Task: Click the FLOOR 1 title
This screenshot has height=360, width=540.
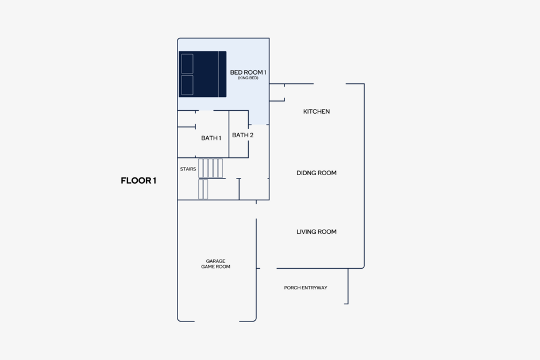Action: [x=138, y=181]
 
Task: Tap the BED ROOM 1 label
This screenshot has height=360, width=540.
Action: [x=248, y=72]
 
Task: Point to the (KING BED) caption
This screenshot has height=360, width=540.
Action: [x=248, y=78]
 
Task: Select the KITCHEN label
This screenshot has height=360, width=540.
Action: [x=317, y=111]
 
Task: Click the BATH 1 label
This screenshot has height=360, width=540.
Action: [x=211, y=138]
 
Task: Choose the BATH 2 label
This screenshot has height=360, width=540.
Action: [x=243, y=136]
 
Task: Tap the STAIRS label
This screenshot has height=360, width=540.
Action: [x=188, y=169]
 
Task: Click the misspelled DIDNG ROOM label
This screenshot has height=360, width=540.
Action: [x=317, y=173]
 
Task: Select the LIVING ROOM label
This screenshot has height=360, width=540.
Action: [x=317, y=231]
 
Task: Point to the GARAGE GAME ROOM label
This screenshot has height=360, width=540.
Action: [x=215, y=264]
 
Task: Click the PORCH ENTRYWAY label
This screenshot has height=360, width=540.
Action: [x=306, y=288]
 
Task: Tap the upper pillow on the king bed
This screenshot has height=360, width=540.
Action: [x=187, y=64]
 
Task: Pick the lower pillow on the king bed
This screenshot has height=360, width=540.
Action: [x=187, y=85]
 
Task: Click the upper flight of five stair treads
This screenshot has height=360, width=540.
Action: [x=210, y=168]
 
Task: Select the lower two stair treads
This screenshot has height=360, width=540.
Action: [x=203, y=189]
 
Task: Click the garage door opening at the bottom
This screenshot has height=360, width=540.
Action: [x=217, y=321]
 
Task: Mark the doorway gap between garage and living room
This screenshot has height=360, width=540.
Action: [x=256, y=211]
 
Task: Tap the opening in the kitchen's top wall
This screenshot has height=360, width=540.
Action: [x=330, y=84]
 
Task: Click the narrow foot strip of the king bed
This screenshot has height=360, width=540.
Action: [x=222, y=74]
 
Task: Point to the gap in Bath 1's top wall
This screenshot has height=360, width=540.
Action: [x=205, y=110]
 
